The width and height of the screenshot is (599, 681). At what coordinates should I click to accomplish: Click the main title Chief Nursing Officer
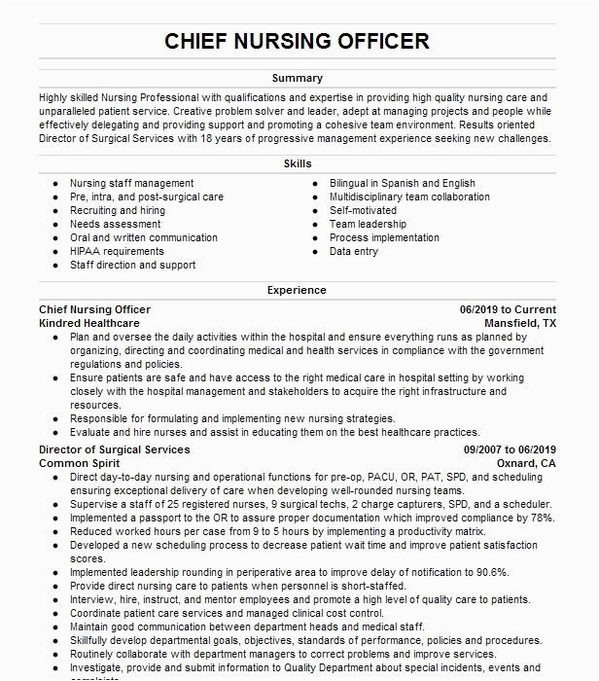(x=298, y=41)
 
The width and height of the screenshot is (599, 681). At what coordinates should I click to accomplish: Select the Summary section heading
(x=298, y=78)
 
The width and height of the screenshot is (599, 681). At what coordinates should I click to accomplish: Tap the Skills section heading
(x=298, y=163)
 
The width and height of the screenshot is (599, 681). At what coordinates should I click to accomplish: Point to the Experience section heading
(x=298, y=290)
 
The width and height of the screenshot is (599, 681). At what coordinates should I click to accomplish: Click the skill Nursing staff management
(x=131, y=183)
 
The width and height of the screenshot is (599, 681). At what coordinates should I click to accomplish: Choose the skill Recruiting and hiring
(x=118, y=210)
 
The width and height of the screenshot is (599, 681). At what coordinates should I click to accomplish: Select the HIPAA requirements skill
(x=117, y=251)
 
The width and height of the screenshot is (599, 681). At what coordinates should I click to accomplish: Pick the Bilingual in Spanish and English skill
(x=402, y=183)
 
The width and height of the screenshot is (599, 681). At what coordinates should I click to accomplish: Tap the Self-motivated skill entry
(x=363, y=210)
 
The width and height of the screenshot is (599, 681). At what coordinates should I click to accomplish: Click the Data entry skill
(x=354, y=251)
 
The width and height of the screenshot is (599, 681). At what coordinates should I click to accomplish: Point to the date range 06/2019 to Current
(x=508, y=309)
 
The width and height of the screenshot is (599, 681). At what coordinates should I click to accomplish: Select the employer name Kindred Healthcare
(x=89, y=323)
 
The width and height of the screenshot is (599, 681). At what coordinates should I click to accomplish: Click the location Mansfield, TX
(x=521, y=323)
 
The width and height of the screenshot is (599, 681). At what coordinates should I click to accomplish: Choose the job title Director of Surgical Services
(x=115, y=449)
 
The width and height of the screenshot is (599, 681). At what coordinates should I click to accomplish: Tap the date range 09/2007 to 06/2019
(x=510, y=449)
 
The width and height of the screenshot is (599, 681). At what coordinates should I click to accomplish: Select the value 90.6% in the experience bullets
(x=490, y=573)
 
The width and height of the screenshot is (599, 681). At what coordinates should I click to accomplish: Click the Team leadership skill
(x=368, y=224)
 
